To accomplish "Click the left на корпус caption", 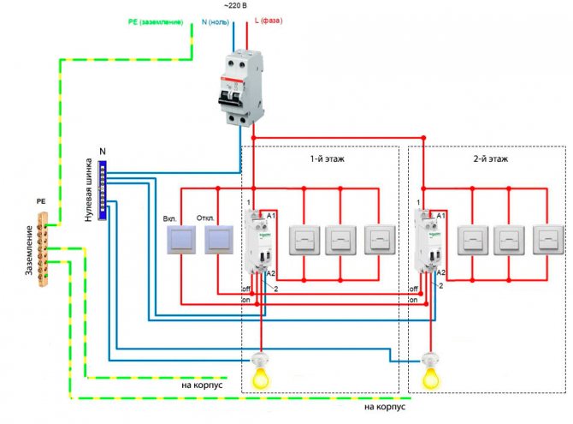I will tap(202, 385).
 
